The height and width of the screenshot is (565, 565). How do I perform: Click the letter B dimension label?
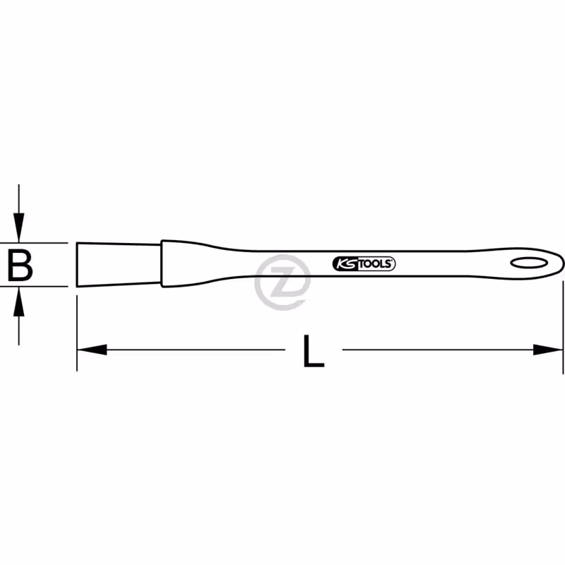(x=20, y=266)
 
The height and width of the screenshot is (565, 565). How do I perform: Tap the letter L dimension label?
(x=314, y=351)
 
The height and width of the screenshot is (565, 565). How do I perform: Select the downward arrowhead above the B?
(x=19, y=227)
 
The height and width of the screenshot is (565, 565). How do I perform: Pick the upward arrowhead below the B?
(x=19, y=302)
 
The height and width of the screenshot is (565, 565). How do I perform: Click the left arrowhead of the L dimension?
(x=93, y=350)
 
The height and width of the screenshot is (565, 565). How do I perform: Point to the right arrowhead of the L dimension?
(x=548, y=350)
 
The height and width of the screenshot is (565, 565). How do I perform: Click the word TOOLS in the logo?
(x=375, y=263)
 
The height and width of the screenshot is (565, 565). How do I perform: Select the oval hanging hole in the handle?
(x=529, y=263)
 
